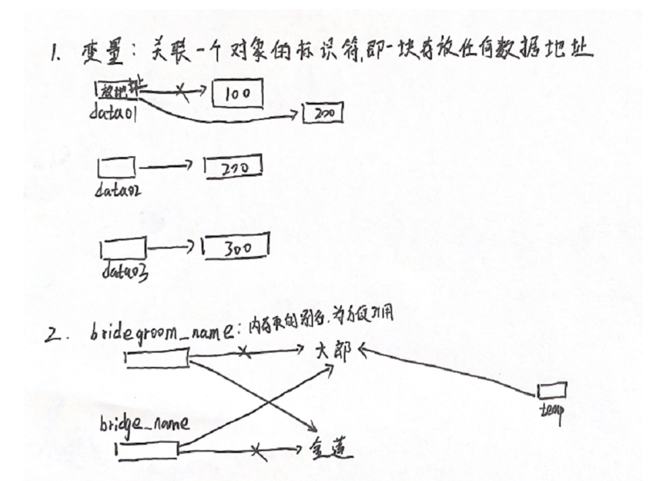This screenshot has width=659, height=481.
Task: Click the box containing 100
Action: click(x=237, y=94)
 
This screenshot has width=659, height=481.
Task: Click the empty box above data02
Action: click(x=117, y=168)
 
